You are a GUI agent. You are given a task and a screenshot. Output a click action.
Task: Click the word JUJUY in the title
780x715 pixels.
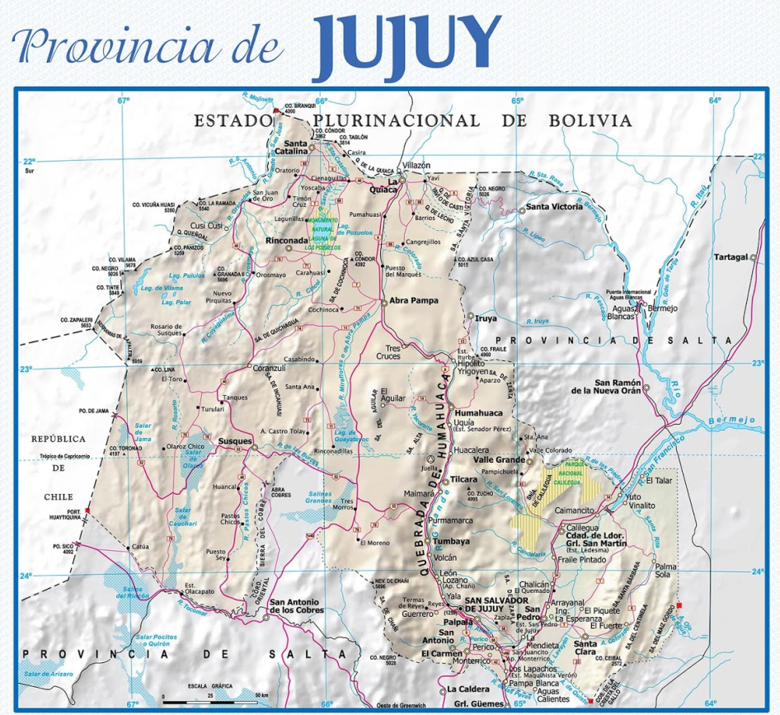(407, 42)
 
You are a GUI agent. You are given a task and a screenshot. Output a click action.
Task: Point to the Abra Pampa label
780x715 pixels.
(414, 301)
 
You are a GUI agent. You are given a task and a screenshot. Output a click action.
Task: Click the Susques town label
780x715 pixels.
(234, 441)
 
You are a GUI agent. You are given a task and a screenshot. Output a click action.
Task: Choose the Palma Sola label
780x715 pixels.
(665, 572)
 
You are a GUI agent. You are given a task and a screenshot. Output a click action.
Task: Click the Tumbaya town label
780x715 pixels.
(452, 542)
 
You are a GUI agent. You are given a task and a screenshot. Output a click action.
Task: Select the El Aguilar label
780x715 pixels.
(392, 394)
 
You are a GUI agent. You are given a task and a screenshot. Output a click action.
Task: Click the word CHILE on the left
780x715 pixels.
(60, 497)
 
